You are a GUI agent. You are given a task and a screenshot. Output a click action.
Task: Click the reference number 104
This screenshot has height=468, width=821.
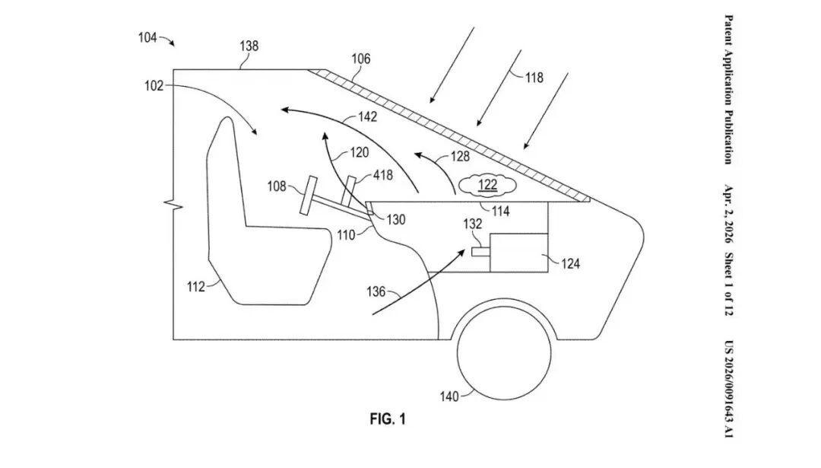(147, 38)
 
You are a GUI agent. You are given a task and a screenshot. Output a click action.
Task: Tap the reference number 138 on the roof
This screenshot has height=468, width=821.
(249, 46)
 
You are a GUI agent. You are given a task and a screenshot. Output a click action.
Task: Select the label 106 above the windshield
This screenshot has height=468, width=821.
(360, 59)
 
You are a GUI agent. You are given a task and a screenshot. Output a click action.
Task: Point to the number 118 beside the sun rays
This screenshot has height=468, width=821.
(534, 78)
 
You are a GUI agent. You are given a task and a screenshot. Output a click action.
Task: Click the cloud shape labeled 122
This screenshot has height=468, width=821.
(487, 185)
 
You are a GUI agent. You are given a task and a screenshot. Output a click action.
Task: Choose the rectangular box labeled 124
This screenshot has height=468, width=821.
(519, 253)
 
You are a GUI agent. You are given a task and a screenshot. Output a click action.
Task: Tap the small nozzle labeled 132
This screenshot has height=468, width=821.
(480, 252)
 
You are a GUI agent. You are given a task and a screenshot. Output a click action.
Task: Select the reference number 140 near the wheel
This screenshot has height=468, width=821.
(449, 396)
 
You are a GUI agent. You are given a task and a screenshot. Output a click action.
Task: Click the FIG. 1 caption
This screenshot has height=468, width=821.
(388, 419)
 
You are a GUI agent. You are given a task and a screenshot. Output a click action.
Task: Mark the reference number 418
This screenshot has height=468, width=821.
(382, 175)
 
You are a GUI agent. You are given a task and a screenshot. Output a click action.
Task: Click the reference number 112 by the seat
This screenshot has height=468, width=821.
(196, 287)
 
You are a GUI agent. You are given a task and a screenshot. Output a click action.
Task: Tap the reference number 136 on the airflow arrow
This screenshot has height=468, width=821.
(376, 291)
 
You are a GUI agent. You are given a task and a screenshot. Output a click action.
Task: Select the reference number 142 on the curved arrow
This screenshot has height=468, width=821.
(368, 116)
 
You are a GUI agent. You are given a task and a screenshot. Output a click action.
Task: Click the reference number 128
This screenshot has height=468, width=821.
(460, 156)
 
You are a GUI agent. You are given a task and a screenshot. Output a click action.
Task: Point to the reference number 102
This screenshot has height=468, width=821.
(154, 86)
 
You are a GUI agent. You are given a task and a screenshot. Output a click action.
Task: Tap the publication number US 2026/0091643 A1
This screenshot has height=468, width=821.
(728, 390)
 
